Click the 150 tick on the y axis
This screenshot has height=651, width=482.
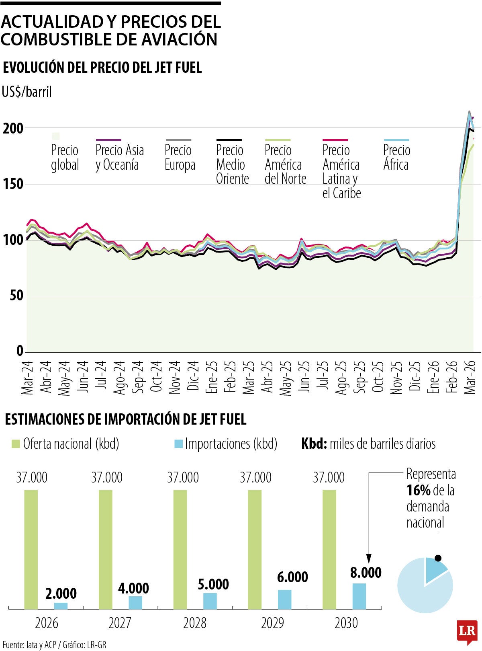click(x=13, y=185)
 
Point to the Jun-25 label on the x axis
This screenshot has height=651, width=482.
click(x=305, y=377)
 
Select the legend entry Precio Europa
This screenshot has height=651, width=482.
click(x=180, y=157)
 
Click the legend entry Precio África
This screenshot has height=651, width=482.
click(x=396, y=157)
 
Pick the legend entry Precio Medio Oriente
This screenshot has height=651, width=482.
click(x=232, y=164)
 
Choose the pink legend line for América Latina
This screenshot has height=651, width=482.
click(x=335, y=140)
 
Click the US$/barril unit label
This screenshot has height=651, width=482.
click(x=27, y=92)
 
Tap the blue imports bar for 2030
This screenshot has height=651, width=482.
click(x=359, y=596)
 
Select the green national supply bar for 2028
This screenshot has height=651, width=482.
click(x=180, y=549)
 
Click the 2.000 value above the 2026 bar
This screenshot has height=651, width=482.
click(x=61, y=593)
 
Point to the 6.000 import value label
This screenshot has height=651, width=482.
click(x=292, y=577)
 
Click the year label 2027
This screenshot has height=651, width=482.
click(x=120, y=623)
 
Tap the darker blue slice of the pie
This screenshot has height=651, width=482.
click(x=435, y=569)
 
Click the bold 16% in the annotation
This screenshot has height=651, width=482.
click(x=418, y=491)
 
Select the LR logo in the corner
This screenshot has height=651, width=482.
click(x=467, y=630)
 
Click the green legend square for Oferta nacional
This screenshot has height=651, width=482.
click(x=16, y=444)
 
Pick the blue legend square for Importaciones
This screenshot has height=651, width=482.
click(x=178, y=444)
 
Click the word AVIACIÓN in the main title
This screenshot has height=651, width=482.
click(x=179, y=39)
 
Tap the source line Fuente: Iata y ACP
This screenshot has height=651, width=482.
click(x=54, y=645)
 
